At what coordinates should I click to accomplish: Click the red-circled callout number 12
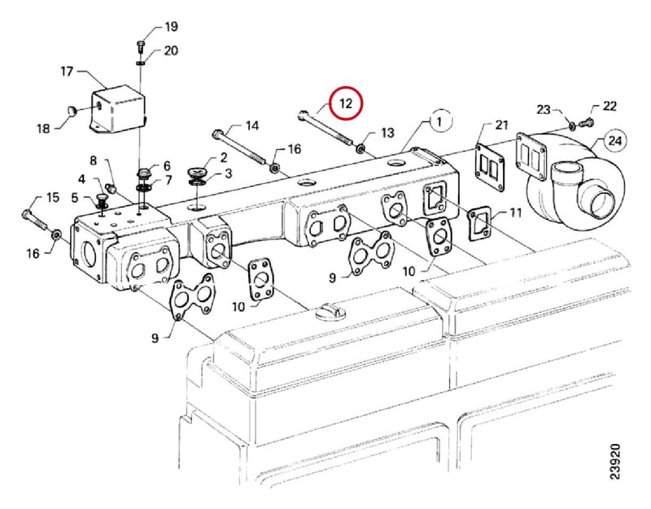point(346,103)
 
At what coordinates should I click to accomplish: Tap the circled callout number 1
point(440,121)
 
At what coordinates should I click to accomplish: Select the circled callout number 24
point(615,140)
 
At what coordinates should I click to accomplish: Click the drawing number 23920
point(615,462)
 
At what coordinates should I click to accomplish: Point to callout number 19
point(172,27)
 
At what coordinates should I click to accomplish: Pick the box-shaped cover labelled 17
point(118,109)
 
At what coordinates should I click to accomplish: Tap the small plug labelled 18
point(72,111)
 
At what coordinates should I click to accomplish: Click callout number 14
point(252,125)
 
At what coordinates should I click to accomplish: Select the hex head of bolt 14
point(218,134)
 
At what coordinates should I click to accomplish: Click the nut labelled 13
point(360,147)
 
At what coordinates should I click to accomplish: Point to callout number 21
point(501,125)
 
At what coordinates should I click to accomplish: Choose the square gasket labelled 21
point(490,169)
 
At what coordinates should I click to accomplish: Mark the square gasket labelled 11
point(479,225)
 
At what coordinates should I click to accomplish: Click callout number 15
point(53,197)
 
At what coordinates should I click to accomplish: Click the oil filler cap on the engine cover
point(330,311)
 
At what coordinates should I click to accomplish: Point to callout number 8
point(94,160)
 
